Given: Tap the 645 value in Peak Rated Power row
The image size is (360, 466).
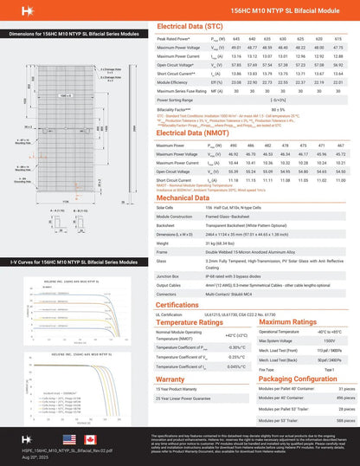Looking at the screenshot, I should pos(230,40).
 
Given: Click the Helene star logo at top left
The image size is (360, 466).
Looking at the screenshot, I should pos(13,12).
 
